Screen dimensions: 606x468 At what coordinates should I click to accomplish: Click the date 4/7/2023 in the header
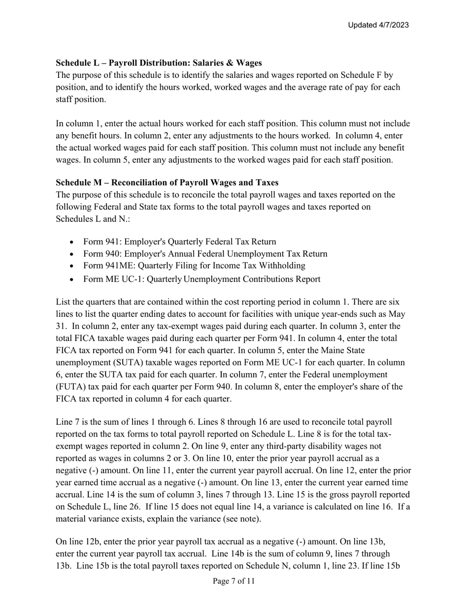[x=392, y=25]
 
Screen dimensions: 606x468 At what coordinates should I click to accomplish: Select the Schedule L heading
[x=159, y=63]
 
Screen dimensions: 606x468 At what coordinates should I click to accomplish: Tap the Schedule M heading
[x=167, y=182]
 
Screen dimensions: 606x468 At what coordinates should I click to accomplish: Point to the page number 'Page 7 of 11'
[x=234, y=581]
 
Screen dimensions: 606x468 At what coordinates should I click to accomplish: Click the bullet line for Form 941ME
[x=194, y=266]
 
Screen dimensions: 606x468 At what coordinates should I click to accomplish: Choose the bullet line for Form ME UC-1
[x=201, y=279]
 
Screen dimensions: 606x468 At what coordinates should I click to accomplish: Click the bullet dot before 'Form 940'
[x=72, y=254]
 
